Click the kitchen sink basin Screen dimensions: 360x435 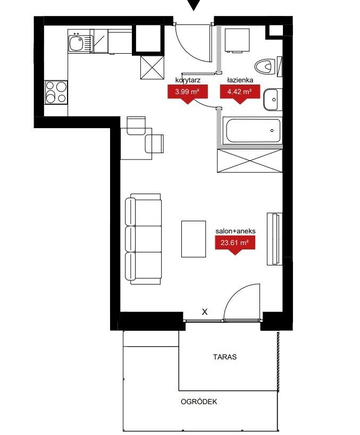tap(76, 44)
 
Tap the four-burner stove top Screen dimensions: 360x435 tap(56, 93)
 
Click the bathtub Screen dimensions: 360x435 tap(253, 130)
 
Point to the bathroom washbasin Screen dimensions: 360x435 tap(272, 99)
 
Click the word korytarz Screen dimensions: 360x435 tap(188, 80)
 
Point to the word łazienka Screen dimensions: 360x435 tap(240, 80)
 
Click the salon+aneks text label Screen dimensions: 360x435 tap(236, 231)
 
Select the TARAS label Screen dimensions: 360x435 tap(225, 357)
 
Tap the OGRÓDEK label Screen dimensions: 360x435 tap(199, 401)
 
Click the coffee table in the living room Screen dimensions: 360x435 tap(194, 239)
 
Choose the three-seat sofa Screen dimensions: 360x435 tap(143, 239)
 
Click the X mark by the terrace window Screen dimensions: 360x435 tap(205, 312)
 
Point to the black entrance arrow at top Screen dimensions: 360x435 tap(194, 5)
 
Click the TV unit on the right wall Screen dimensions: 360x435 tap(274, 239)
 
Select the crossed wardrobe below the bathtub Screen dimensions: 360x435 tap(249, 161)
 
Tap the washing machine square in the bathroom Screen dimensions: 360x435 tap(237, 40)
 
